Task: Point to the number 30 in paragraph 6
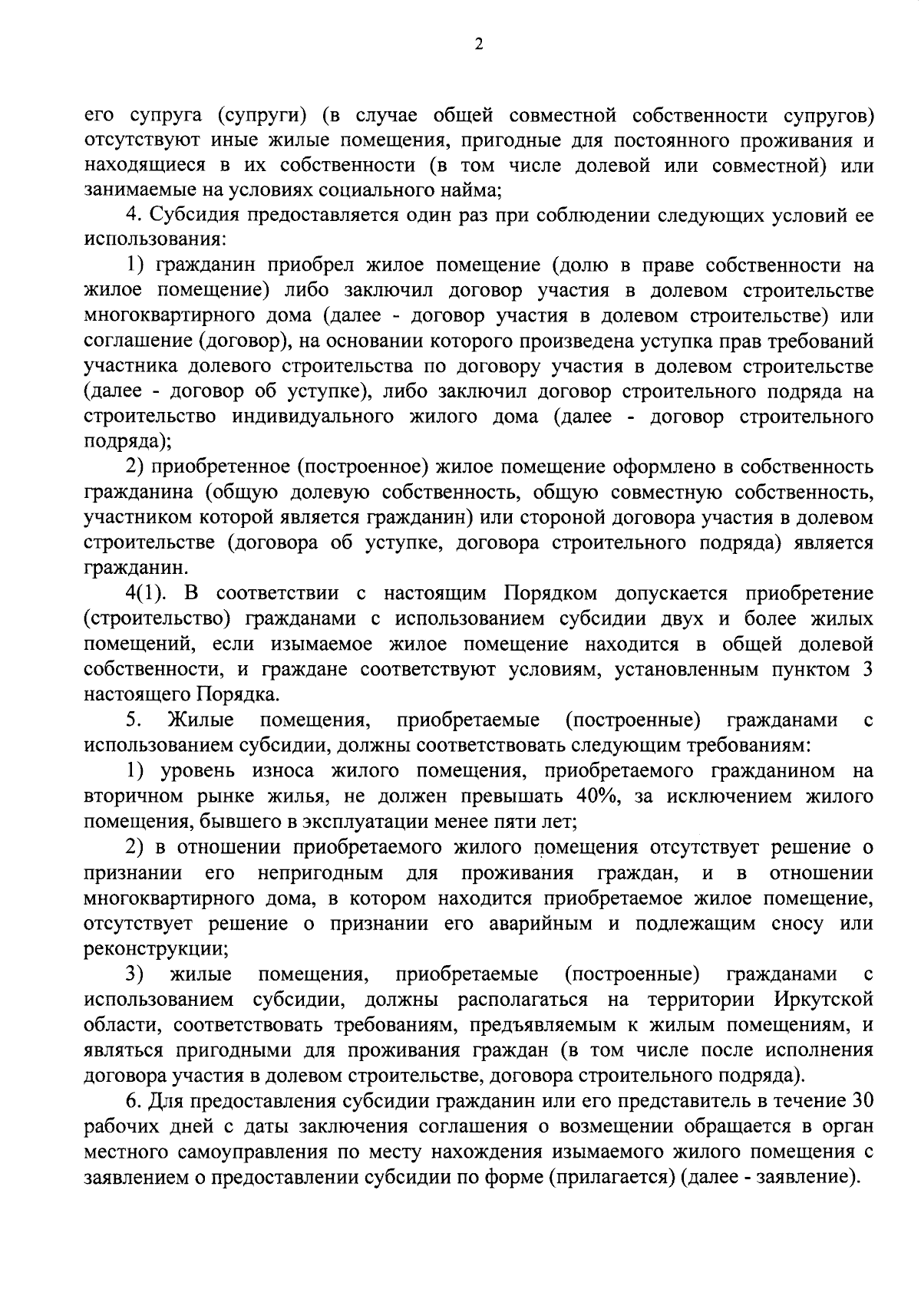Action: click(860, 1101)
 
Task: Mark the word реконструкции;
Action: click(155, 948)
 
